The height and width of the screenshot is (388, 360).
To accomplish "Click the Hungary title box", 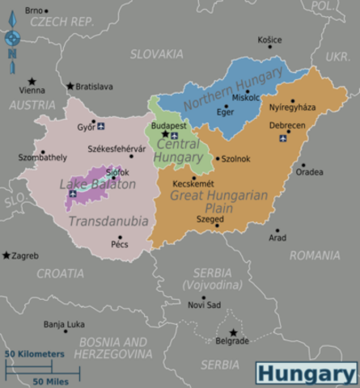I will point(307,373).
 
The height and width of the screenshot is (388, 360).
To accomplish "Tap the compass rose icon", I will point(12,37).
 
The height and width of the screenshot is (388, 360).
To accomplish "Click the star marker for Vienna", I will point(32,82).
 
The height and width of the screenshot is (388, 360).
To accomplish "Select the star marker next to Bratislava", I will point(70,86).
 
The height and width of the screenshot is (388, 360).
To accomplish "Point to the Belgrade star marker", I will point(233,332).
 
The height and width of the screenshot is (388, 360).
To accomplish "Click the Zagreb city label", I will point(25,255).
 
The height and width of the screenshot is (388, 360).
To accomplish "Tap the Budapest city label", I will point(168,125).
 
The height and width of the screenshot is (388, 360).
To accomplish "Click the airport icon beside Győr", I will point(101,126).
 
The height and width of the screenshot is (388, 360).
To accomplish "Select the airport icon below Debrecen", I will point(283,138).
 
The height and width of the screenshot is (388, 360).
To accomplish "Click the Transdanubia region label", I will point(108,221).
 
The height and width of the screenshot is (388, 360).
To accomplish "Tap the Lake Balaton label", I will point(98,185).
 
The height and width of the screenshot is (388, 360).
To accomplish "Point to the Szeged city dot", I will point(217,226).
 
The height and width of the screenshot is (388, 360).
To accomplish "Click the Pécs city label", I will point(120,243).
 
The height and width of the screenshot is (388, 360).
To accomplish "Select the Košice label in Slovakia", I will point(269,40).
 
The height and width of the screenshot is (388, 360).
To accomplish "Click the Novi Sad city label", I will point(204,305).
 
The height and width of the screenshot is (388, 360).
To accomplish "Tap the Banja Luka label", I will point(64,324).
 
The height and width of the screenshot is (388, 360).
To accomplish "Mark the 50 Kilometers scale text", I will point(35,354).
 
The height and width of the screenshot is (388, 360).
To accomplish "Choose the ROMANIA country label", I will point(314,255).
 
